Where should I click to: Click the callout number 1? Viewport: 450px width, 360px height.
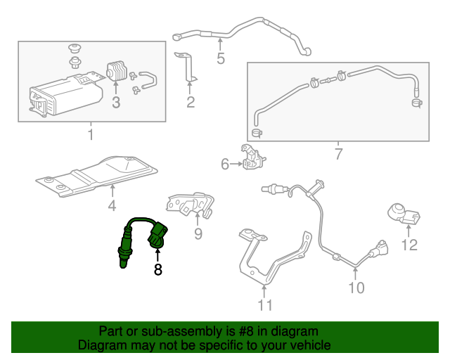(90, 134)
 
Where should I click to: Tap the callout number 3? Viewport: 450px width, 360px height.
(116, 103)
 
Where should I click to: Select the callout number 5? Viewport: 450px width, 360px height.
(221, 58)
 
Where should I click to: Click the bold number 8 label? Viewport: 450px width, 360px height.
(157, 269)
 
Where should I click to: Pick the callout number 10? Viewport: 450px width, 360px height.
(356, 287)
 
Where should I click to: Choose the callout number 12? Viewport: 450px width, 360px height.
(409, 245)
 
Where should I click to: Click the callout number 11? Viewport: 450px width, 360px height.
(264, 304)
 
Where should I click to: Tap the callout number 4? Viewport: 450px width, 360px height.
(112, 206)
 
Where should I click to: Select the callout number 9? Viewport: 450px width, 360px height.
(198, 232)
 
